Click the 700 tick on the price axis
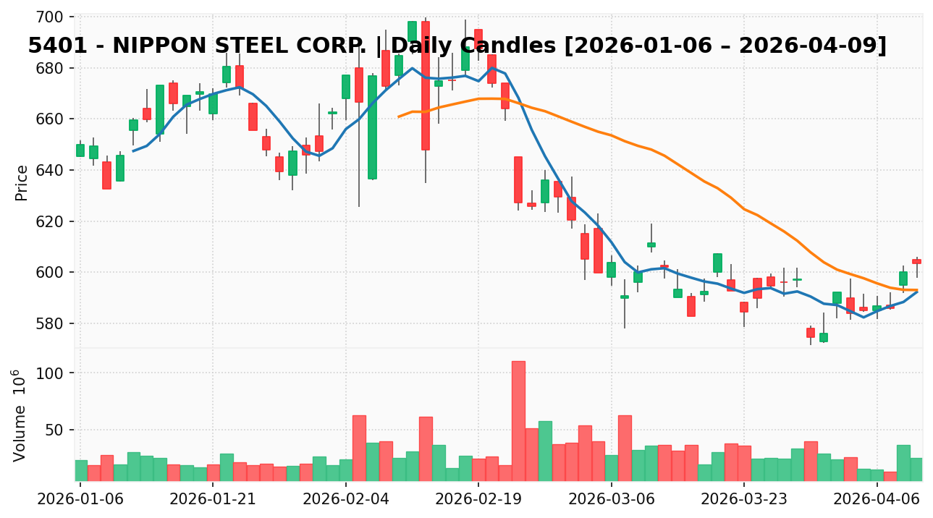click(x=54, y=17)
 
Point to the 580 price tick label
click(x=54, y=323)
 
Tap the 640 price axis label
click(x=54, y=170)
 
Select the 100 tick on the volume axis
click(x=58, y=373)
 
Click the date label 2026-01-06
click(x=80, y=499)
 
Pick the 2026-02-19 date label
click(x=478, y=499)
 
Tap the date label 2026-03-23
click(x=744, y=499)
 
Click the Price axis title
click(x=22, y=182)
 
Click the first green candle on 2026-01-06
click(x=80, y=150)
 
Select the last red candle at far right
click(x=916, y=261)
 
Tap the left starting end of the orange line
click(x=398, y=116)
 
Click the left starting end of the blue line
click(x=133, y=150)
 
